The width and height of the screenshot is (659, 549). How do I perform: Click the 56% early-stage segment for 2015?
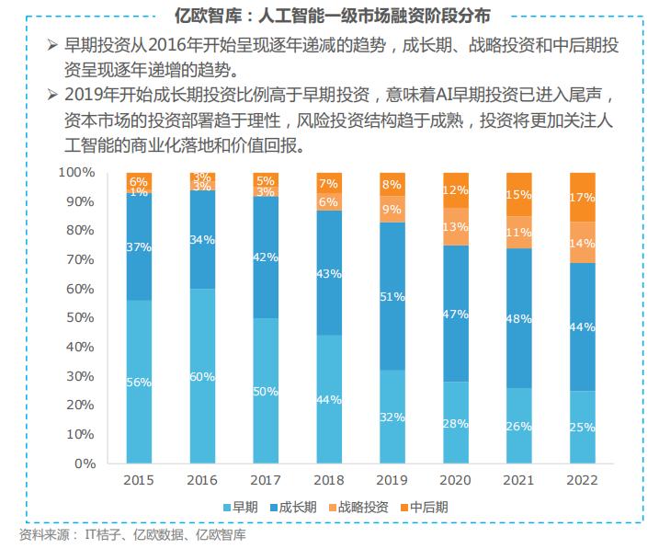[140, 382]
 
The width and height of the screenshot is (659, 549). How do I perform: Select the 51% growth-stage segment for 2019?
[392, 296]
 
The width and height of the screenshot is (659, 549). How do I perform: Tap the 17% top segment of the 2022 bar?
[583, 197]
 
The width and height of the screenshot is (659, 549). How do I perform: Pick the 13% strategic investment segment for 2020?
[456, 226]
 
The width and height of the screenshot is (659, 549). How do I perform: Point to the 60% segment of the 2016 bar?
[202, 376]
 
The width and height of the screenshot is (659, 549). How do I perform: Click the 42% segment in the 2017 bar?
[266, 257]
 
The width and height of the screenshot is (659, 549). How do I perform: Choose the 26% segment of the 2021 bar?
[519, 426]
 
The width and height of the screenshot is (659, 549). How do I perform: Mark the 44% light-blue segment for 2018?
[329, 399]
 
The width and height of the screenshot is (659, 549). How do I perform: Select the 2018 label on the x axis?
[329, 481]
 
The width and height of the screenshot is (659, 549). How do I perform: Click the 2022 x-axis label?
[583, 481]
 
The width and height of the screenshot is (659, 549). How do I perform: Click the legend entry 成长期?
[299, 507]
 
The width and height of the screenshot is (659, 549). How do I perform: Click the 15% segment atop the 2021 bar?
[519, 194]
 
